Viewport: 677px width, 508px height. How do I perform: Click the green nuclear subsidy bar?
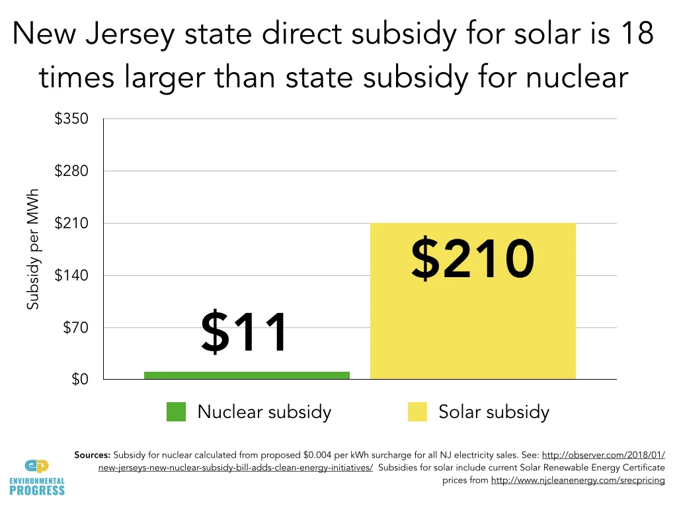[246, 375]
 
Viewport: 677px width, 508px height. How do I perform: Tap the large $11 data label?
[245, 333]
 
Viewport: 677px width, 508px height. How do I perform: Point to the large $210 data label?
[472, 259]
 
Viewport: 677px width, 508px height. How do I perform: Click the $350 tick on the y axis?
[71, 119]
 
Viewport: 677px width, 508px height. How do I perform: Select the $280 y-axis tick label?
[71, 171]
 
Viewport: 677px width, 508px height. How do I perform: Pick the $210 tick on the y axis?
[71, 223]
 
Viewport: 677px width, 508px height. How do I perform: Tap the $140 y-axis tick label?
[71, 275]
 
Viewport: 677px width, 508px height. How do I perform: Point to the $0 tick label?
[79, 380]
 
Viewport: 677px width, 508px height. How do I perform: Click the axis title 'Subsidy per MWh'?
[33, 249]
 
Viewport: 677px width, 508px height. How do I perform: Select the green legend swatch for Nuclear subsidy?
[177, 411]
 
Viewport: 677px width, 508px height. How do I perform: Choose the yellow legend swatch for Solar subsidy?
[417, 411]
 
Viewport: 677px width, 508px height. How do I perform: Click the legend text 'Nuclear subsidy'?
[264, 412]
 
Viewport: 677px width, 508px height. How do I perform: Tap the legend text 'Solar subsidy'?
[494, 412]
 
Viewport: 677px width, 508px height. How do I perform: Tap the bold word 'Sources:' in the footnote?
[93, 455]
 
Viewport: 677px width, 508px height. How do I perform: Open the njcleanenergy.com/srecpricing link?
[577, 480]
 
